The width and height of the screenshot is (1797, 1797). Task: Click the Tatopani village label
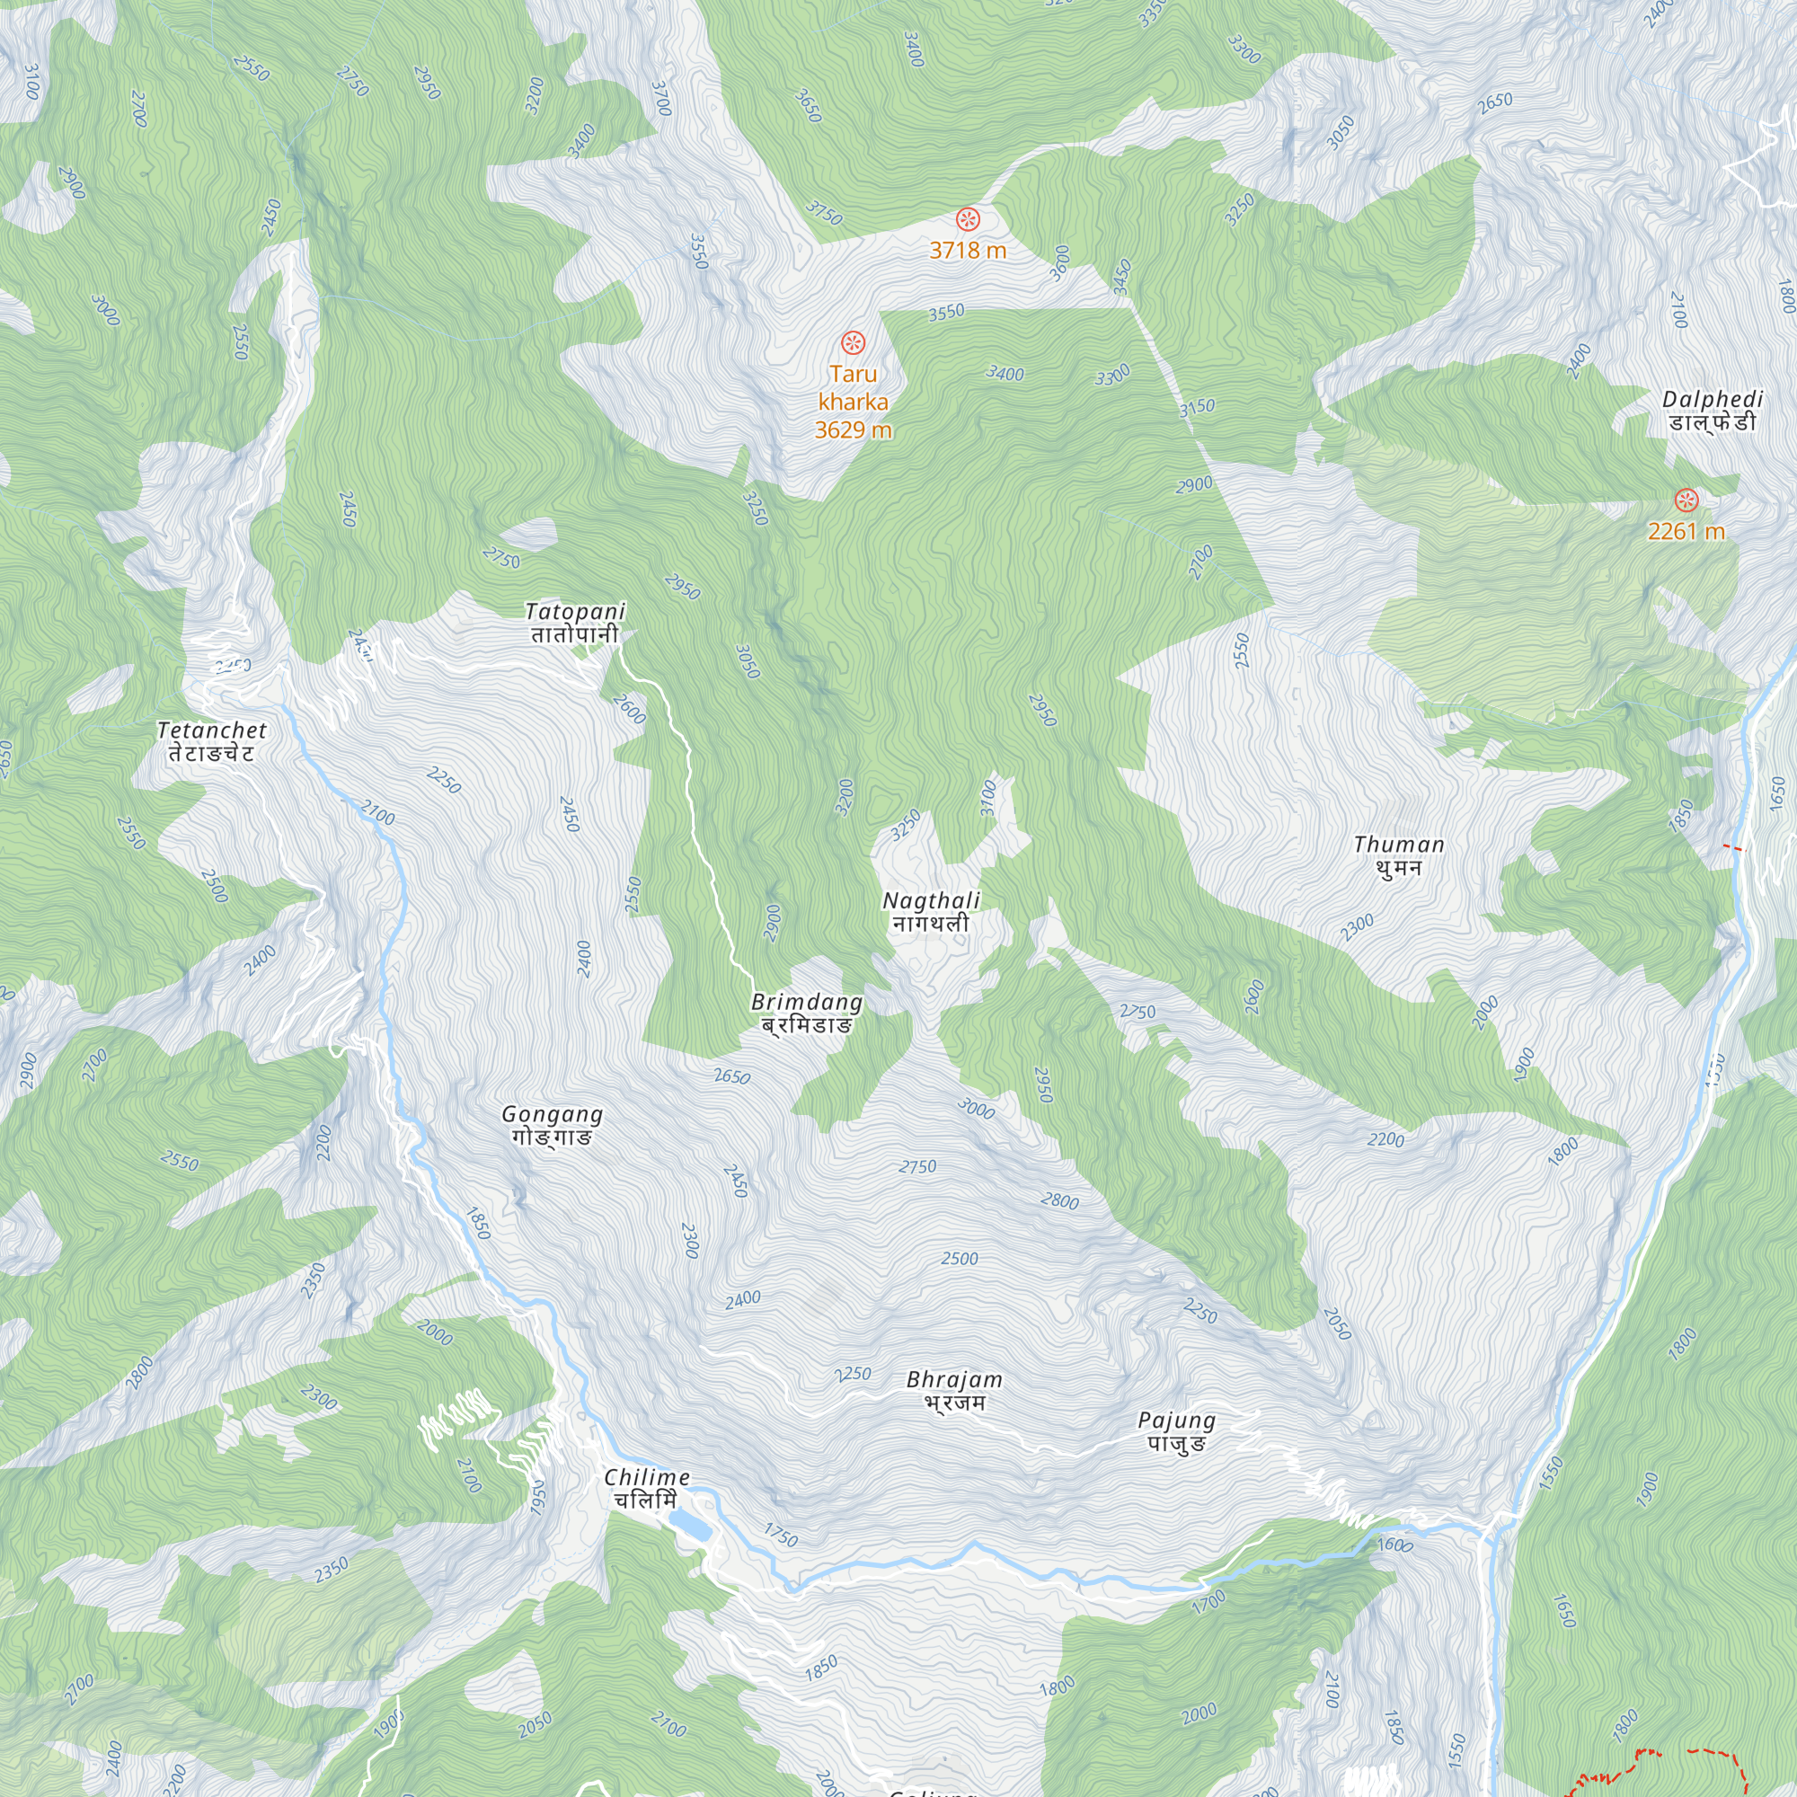click(575, 624)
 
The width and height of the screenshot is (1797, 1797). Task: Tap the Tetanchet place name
click(212, 741)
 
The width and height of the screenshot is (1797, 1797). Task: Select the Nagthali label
click(931, 911)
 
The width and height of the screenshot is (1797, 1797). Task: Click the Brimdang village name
click(807, 1013)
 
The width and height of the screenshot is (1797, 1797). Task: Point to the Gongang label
click(553, 1125)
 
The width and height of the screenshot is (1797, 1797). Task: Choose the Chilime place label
click(646, 1488)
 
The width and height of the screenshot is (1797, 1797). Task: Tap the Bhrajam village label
click(954, 1391)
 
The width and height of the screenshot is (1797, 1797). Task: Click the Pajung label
click(1177, 1431)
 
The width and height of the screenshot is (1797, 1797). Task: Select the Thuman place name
click(1399, 855)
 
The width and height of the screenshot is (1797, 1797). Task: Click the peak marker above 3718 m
click(968, 219)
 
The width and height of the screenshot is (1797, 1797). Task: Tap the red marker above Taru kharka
click(853, 342)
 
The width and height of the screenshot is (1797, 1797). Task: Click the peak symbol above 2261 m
click(1686, 500)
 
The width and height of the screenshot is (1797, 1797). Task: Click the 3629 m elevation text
click(853, 429)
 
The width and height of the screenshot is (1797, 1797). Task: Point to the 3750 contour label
click(823, 213)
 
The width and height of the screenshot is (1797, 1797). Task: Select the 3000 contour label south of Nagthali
click(976, 1108)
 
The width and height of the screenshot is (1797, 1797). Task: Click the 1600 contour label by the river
click(1394, 1545)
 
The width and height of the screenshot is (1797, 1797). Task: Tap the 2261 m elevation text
click(1686, 531)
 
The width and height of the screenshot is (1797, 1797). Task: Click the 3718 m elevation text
click(968, 249)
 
